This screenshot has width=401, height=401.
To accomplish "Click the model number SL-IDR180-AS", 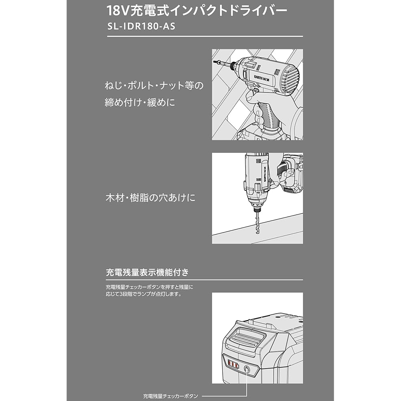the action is tap(142, 26).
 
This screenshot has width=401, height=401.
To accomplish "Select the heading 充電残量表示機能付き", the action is tap(147, 272).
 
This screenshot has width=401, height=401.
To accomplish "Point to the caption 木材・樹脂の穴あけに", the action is tap(151, 198).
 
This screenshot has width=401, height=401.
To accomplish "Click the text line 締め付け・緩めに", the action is tap(140, 103).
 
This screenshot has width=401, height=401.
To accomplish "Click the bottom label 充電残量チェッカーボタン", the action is tap(170, 396).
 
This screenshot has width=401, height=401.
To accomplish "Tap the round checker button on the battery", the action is tap(247, 369).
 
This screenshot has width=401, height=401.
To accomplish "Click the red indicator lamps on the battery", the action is tap(233, 364).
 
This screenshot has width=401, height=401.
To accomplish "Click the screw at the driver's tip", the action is tap(217, 62).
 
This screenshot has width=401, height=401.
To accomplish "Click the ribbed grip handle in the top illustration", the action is tap(267, 116).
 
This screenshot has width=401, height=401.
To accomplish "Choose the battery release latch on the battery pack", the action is tap(244, 337).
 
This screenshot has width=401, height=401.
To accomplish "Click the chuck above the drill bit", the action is tap(256, 206).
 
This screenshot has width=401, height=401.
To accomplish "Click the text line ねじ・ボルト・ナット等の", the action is tap(154, 85).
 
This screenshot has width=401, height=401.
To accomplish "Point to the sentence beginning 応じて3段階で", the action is tap(144, 294).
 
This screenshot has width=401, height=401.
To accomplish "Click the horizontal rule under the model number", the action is tap(205, 36).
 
